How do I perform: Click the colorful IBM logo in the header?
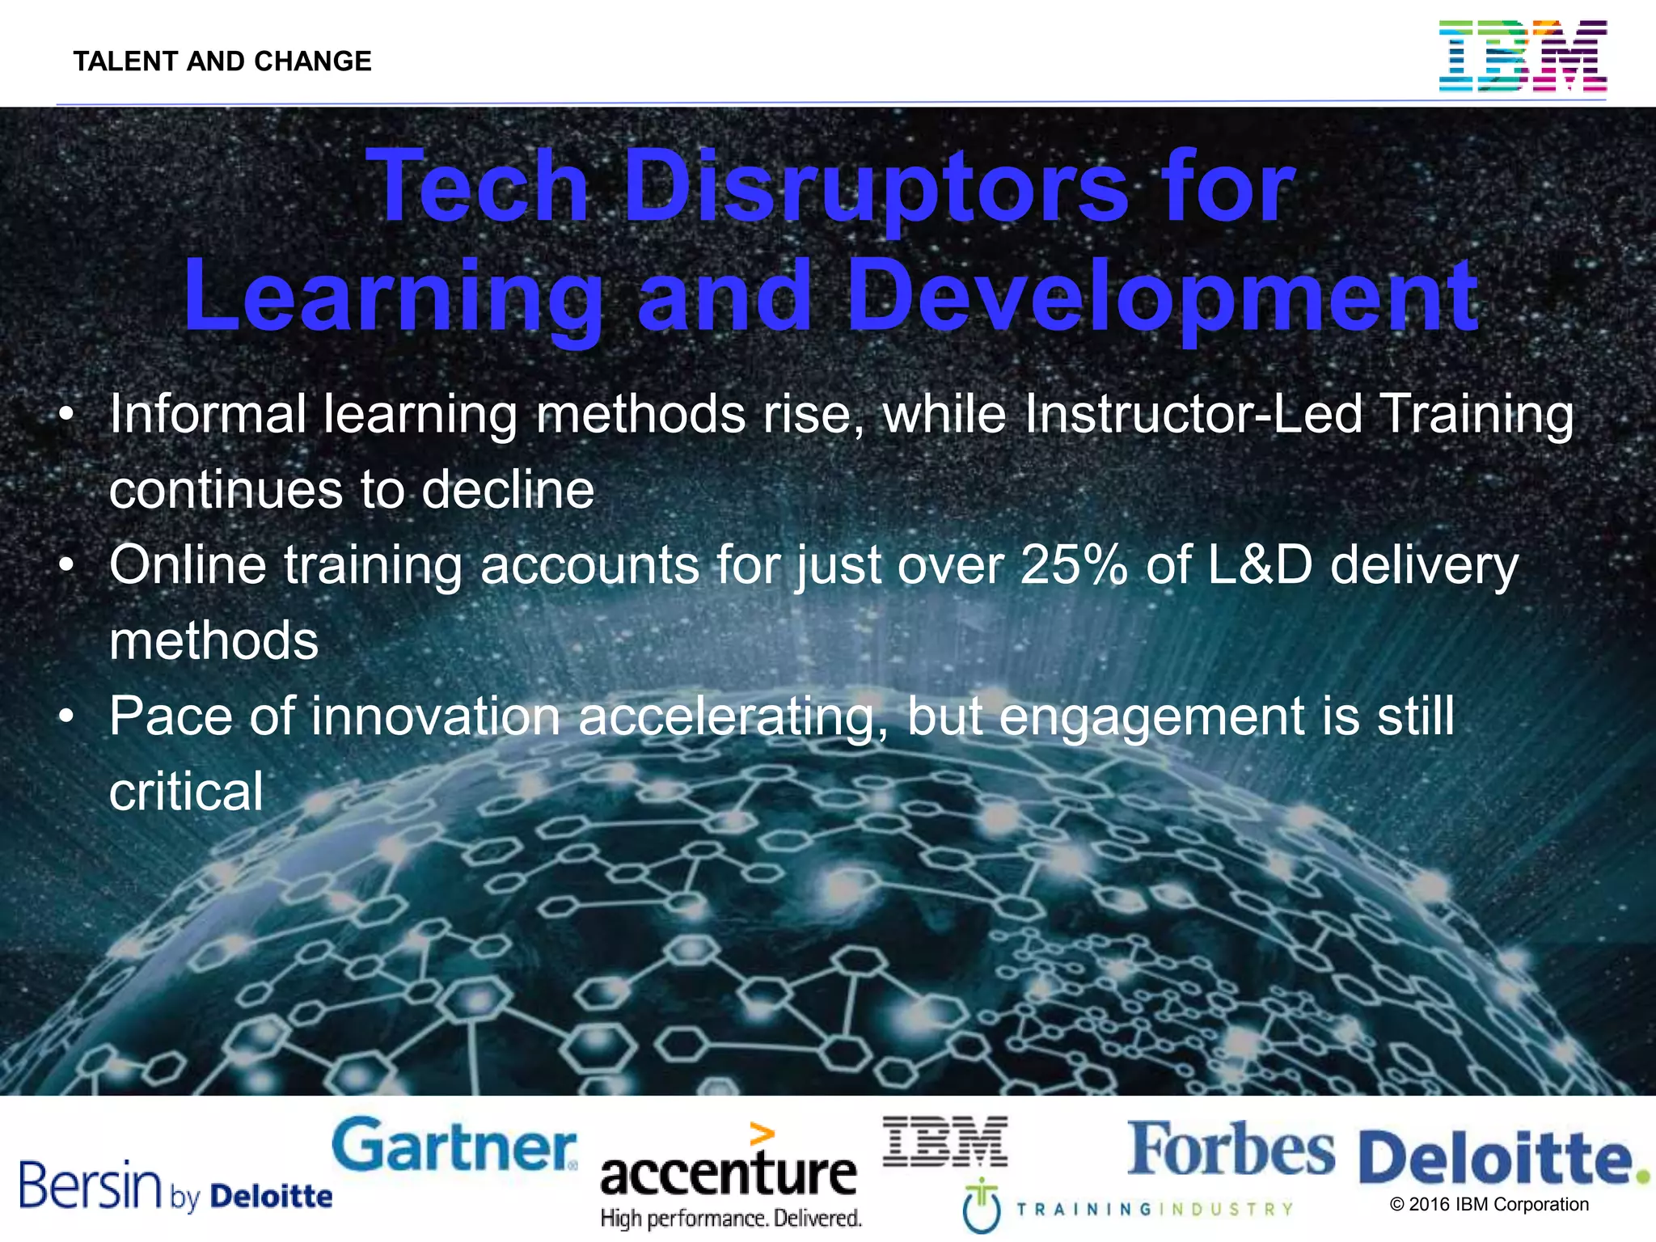click(1523, 56)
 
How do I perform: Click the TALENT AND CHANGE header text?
click(222, 61)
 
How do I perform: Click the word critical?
click(186, 792)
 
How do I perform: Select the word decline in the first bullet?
click(508, 490)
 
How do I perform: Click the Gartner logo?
click(454, 1146)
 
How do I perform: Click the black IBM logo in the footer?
click(945, 1141)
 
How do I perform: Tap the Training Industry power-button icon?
click(982, 1206)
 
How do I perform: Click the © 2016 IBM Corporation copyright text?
click(1489, 1205)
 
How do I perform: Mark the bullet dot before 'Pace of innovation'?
click(67, 716)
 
